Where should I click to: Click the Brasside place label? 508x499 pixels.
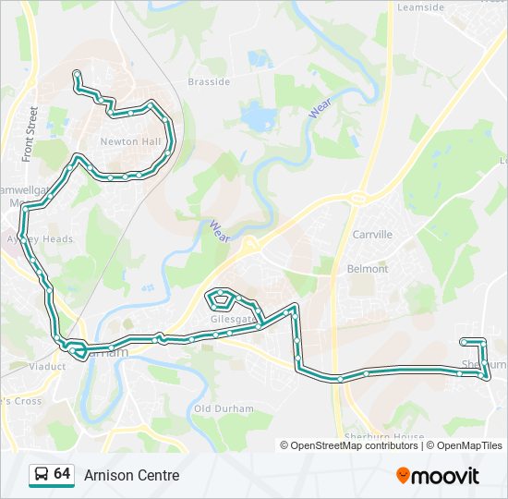(209, 81)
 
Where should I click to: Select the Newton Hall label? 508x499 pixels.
(131, 141)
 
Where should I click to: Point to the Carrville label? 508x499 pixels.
(371, 235)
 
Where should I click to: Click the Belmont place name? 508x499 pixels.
(367, 269)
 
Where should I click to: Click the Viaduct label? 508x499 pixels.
(47, 366)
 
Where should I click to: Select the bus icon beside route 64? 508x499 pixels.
(41, 475)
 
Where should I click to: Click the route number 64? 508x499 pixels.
(62, 474)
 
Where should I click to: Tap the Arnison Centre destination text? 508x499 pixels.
(131, 476)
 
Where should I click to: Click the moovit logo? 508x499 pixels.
(438, 476)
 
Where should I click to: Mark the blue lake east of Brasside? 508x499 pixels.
(255, 116)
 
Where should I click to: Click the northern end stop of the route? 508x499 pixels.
(76, 73)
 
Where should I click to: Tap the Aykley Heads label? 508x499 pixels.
(39, 238)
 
